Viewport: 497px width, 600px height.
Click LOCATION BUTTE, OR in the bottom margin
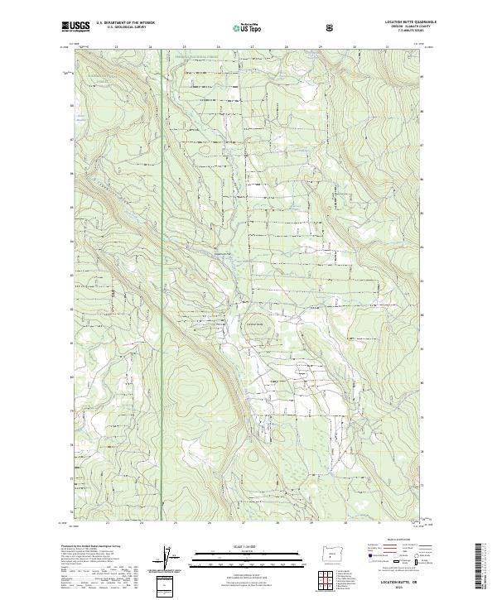point(404,583)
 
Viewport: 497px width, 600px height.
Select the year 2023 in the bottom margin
point(404,588)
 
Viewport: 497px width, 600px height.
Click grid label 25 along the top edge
point(184,47)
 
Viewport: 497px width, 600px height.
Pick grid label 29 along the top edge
point(321,47)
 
